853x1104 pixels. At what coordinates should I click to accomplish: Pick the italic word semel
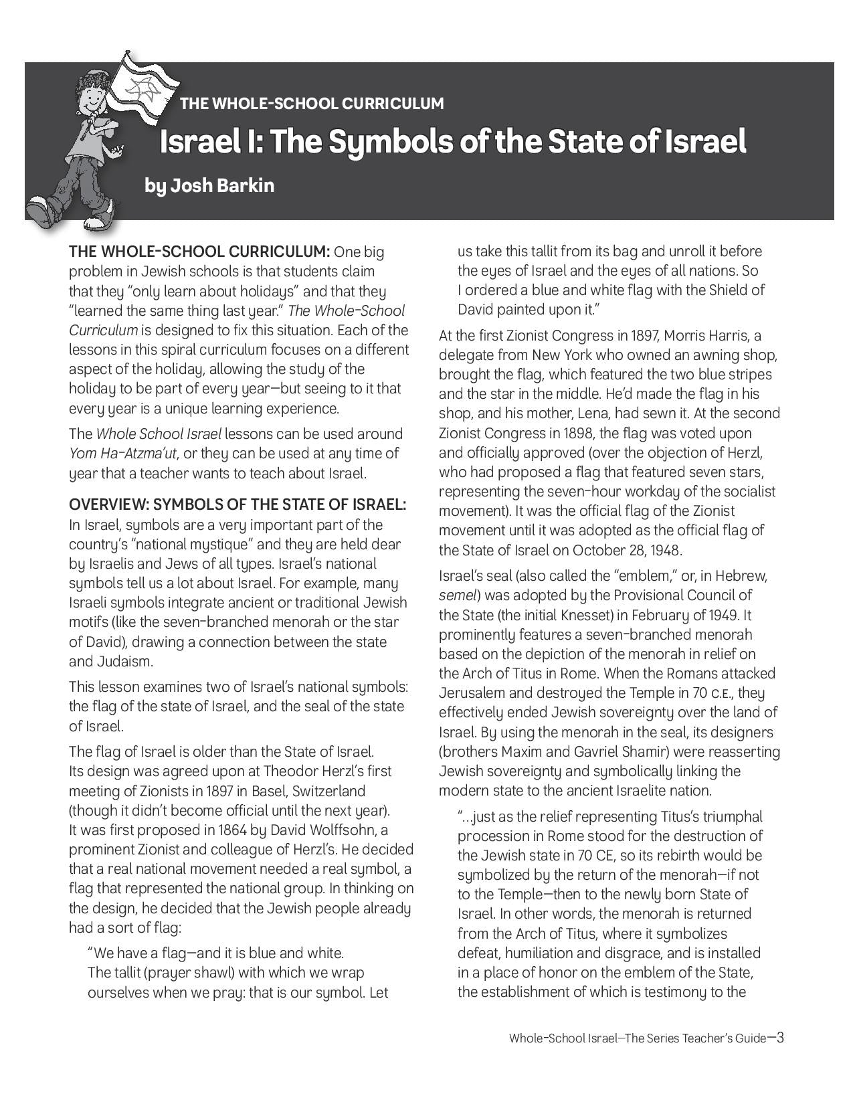point(458,595)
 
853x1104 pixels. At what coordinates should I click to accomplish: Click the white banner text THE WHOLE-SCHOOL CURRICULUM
point(312,104)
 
